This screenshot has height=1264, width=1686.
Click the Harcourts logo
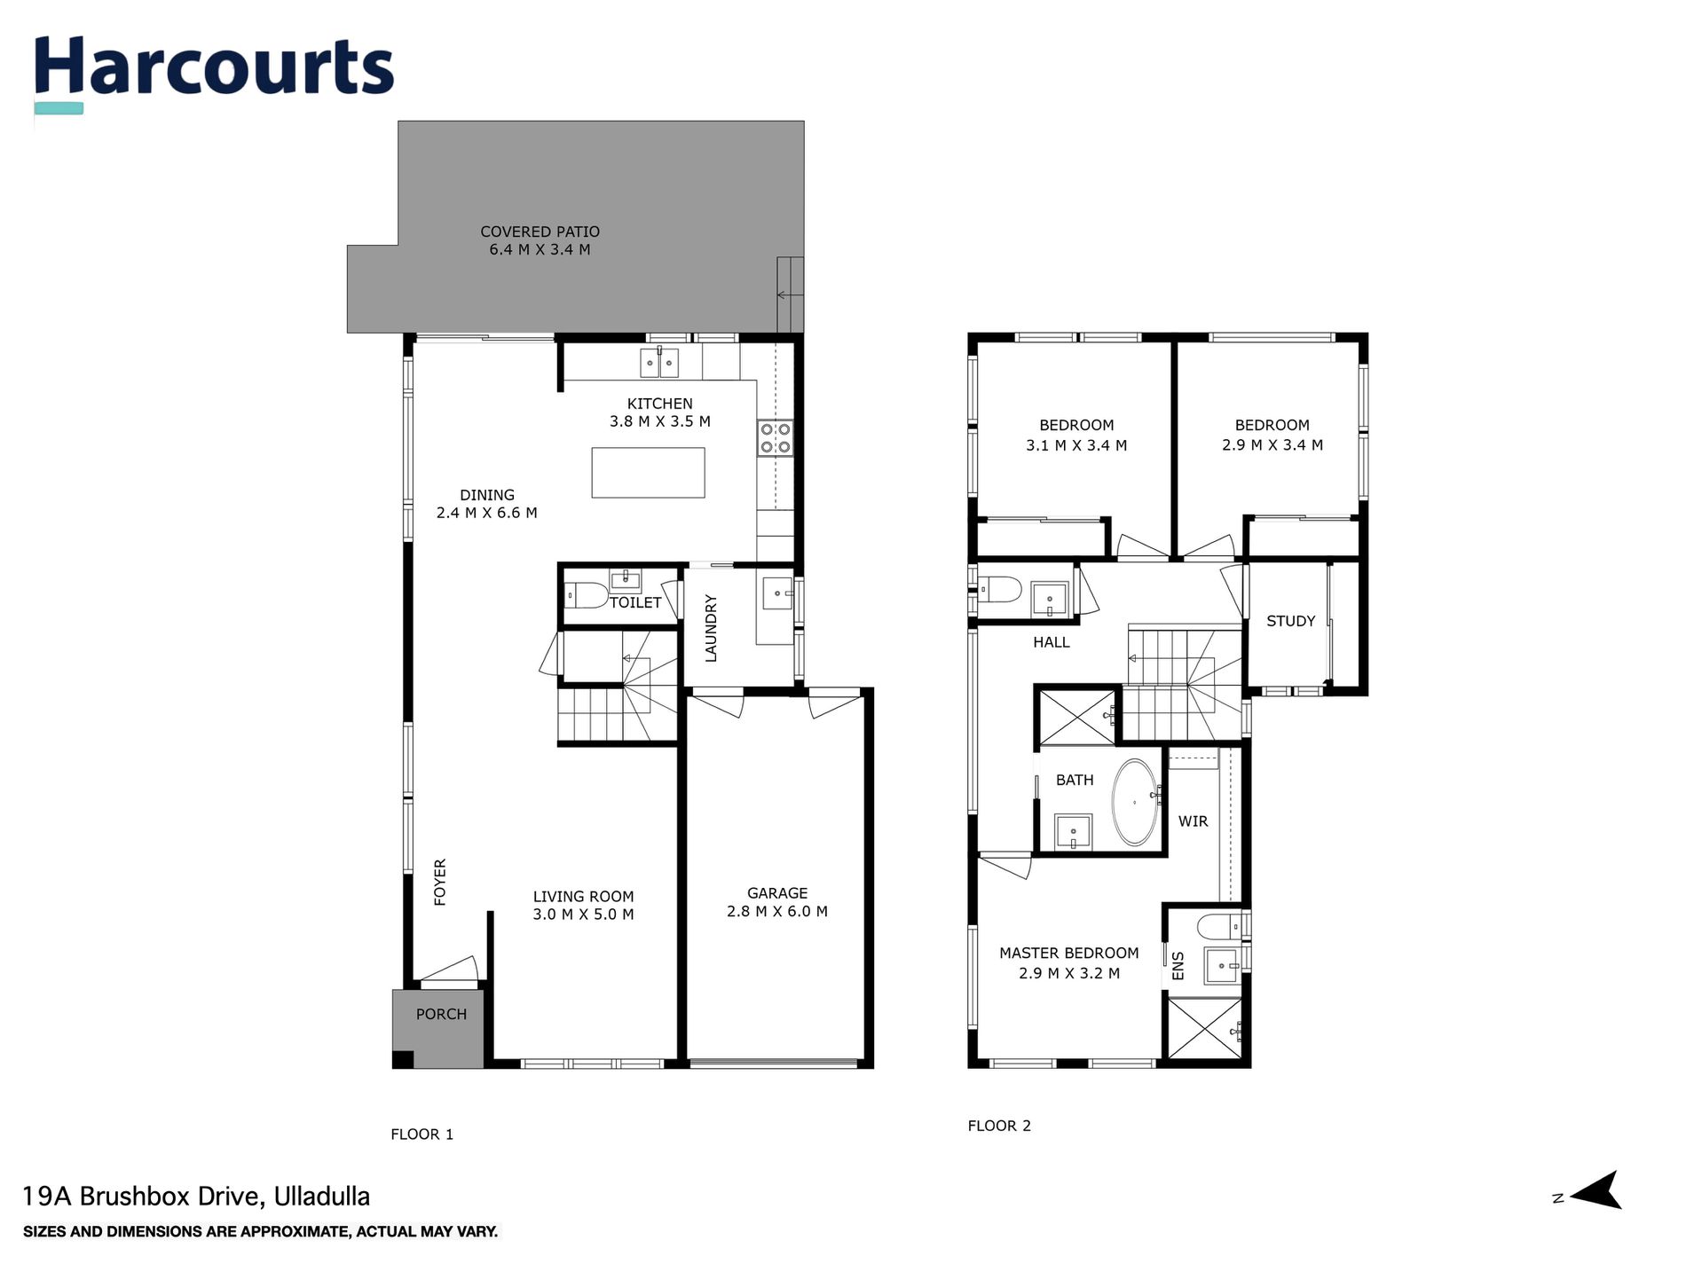click(213, 69)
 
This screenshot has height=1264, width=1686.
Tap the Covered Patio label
click(540, 232)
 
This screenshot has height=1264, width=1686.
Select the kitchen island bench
click(648, 473)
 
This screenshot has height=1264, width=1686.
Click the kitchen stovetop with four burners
click(775, 438)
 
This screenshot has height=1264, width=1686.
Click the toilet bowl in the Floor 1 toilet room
click(584, 593)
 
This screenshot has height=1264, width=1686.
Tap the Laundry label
click(711, 628)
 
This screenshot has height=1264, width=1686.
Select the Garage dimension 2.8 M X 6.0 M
click(776, 912)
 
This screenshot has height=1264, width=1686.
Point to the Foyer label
click(440, 882)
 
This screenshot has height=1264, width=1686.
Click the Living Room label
click(583, 897)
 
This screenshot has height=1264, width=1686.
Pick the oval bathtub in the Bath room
click(1135, 802)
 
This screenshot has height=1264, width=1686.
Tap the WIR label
click(1193, 821)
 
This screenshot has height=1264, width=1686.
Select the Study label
click(1290, 622)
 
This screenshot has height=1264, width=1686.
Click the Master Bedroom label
click(1068, 954)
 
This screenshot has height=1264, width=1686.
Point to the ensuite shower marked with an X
click(1204, 1029)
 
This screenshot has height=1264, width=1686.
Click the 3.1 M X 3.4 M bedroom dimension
click(1076, 446)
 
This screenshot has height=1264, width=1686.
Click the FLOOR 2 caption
click(999, 1127)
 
